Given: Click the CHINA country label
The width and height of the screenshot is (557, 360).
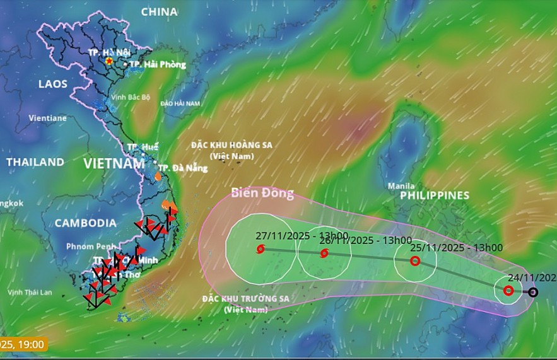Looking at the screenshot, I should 159,12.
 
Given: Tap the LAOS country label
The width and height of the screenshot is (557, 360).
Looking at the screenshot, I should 52,84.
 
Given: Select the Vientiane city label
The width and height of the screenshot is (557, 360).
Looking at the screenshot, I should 47,118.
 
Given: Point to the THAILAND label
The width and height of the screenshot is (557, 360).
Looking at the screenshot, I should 35,162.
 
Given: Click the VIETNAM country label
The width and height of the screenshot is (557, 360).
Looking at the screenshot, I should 114,164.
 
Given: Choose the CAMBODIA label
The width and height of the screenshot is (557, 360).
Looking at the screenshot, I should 85,223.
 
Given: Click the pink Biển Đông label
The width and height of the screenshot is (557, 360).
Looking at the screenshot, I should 262,193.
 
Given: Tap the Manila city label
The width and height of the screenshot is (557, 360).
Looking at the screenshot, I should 401,186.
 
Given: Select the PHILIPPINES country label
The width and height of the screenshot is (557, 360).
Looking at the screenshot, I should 435,195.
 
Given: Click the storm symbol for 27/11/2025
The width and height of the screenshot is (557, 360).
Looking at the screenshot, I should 260,249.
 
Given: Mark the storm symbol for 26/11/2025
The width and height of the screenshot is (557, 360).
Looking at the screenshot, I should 324,253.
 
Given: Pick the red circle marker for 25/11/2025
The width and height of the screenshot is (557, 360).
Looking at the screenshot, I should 415,260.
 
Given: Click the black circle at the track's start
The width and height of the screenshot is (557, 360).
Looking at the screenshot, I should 533,292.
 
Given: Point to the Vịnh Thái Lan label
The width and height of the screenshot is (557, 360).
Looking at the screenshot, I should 29,292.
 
